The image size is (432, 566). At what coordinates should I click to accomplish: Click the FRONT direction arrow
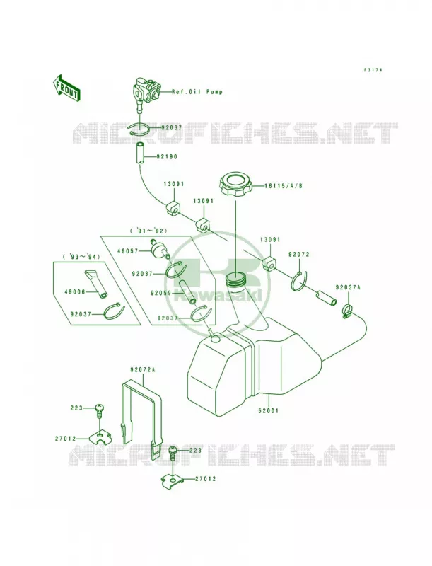[x=66, y=88]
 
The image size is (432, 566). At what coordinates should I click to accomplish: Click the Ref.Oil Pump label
[x=197, y=92]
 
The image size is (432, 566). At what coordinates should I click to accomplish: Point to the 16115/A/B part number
[x=283, y=186]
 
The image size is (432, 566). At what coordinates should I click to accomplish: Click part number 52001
[x=269, y=410]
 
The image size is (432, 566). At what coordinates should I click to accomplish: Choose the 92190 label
[x=167, y=157]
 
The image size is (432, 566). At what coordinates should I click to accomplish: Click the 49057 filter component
[x=158, y=250]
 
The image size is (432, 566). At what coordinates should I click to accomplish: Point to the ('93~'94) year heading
[x=81, y=257]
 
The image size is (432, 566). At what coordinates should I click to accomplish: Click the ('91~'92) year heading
[x=148, y=231]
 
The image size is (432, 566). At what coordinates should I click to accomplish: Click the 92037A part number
[x=348, y=288]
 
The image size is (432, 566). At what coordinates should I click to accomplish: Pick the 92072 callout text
[x=299, y=255]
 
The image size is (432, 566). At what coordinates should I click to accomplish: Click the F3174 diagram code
[x=373, y=69]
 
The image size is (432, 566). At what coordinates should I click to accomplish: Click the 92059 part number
[x=160, y=293]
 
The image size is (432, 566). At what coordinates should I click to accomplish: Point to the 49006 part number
[x=75, y=292]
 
